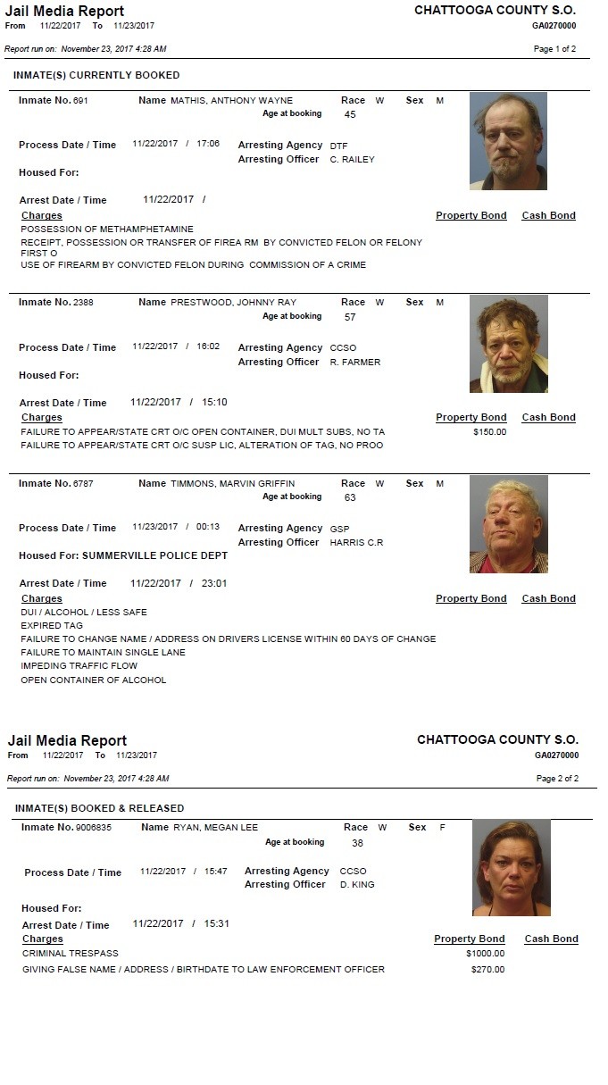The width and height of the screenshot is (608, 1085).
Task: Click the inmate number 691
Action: (80, 101)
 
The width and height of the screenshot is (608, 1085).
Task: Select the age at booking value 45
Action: (350, 115)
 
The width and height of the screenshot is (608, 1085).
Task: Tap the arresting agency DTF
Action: (338, 146)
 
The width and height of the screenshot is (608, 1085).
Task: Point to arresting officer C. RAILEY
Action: (352, 160)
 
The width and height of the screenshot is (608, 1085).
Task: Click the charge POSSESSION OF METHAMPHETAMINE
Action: (107, 230)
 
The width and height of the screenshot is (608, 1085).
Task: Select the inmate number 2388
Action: (83, 303)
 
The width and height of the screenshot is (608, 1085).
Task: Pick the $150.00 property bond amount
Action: (489, 432)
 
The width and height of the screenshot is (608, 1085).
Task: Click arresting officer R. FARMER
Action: (354, 363)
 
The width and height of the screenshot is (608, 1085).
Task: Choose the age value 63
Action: (350, 497)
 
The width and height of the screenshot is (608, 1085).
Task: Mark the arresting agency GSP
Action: (339, 529)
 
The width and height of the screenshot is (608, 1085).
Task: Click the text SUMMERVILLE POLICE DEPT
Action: (154, 555)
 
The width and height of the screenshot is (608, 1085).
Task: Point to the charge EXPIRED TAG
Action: (51, 626)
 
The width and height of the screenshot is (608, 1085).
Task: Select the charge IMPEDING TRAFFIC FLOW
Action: (79, 666)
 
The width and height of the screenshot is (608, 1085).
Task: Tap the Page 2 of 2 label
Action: (557, 779)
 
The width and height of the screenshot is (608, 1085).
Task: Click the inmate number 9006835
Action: (93, 828)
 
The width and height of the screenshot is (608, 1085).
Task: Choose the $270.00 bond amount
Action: (487, 970)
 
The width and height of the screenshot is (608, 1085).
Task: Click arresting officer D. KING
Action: (357, 885)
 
